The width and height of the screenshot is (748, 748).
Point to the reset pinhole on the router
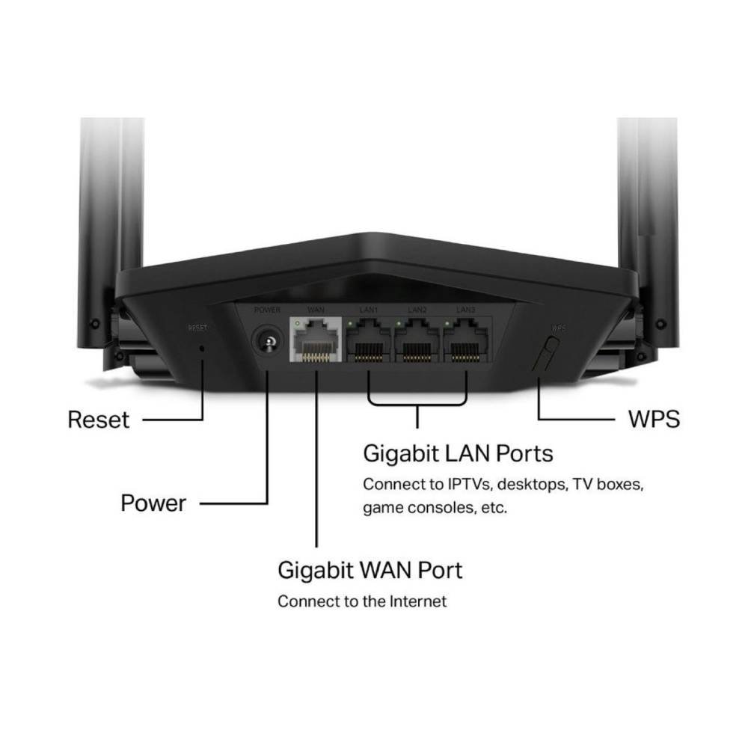click(x=203, y=349)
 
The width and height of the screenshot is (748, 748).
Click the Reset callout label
click(x=98, y=419)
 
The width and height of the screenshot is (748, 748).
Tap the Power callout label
click(x=153, y=503)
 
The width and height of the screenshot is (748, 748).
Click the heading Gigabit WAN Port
click(x=370, y=570)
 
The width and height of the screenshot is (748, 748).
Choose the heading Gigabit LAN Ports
click(x=458, y=453)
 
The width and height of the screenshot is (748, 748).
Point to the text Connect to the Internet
click(x=362, y=601)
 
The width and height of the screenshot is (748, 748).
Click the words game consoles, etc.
click(x=435, y=508)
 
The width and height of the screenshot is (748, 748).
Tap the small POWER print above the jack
click(x=266, y=309)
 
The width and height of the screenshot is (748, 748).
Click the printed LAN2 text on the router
click(x=417, y=309)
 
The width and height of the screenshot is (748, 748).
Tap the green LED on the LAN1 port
click(x=351, y=323)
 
